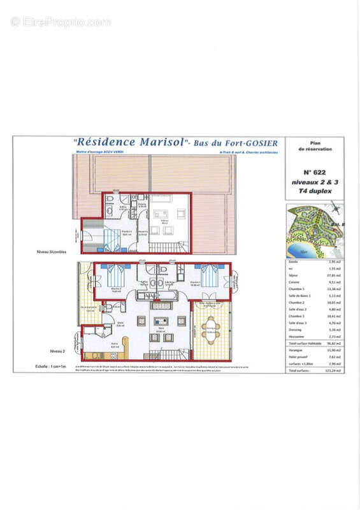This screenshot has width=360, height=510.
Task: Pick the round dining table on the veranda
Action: (x=211, y=329)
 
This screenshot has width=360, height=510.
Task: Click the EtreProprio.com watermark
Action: (x=61, y=22)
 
